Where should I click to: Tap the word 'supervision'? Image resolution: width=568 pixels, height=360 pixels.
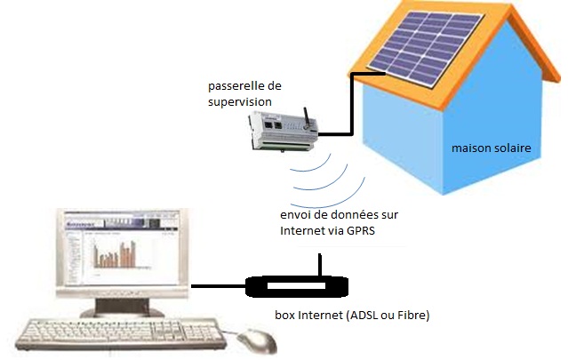pyautogui.click(x=240, y=102)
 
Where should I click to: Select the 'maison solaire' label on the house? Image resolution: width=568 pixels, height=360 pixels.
pyautogui.click(x=492, y=148)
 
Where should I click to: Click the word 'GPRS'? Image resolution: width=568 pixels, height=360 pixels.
pyautogui.click(x=360, y=231)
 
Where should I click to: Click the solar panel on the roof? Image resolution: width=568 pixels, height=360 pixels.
pyautogui.click(x=425, y=48)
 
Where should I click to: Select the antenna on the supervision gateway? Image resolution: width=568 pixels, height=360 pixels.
pyautogui.click(x=307, y=118)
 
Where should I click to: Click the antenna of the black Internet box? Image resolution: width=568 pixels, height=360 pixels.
pyautogui.click(x=320, y=265)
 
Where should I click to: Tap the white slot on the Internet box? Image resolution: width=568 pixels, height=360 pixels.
pyautogui.click(x=296, y=285)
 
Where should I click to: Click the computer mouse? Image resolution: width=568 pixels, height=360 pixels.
pyautogui.click(x=257, y=340)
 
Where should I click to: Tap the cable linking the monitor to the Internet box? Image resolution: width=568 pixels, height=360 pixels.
pyautogui.click(x=219, y=286)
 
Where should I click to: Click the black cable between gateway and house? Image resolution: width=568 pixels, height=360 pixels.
pyautogui.click(x=351, y=104)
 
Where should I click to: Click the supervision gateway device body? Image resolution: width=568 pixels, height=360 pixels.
pyautogui.click(x=284, y=132)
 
